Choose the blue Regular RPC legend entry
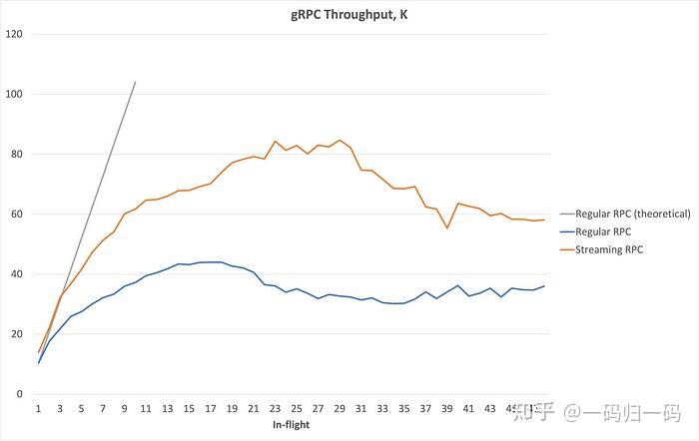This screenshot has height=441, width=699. [617, 231]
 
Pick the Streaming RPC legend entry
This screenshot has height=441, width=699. [621, 249]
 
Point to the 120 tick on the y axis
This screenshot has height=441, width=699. [14, 34]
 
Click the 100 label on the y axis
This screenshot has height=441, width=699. [14, 94]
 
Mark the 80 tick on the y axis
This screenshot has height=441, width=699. [16, 154]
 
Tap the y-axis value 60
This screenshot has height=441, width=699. [16, 214]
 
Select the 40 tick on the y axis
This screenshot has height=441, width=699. [16, 274]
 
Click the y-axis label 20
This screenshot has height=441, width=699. [16, 334]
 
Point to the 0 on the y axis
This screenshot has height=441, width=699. [19, 394]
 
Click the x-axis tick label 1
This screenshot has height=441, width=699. [38, 409]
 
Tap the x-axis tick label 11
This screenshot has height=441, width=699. [146, 409]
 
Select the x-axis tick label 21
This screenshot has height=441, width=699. [254, 409]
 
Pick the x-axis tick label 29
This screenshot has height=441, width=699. [340, 409]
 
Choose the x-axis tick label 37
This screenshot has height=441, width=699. [425, 409]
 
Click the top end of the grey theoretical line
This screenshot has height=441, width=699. [135, 82]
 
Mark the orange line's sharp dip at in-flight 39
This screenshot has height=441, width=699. [447, 227]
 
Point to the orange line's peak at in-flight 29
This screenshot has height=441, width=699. [340, 140]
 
